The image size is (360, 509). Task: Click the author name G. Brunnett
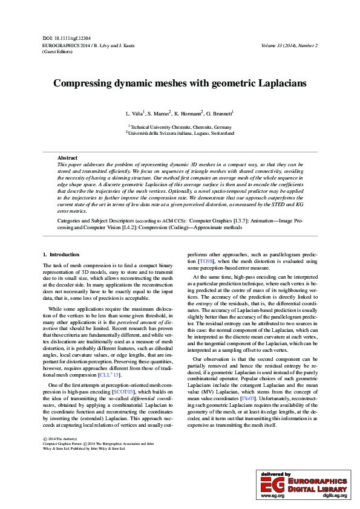(x=219, y=114)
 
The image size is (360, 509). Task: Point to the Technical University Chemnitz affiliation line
(x=180, y=127)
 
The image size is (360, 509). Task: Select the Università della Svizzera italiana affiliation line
(x=180, y=133)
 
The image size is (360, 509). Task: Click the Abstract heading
(x=67, y=157)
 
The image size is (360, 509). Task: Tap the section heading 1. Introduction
(x=61, y=254)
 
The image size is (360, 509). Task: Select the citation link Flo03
(x=248, y=398)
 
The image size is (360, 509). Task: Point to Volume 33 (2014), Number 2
(x=289, y=45)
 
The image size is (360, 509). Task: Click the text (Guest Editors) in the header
(x=57, y=52)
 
